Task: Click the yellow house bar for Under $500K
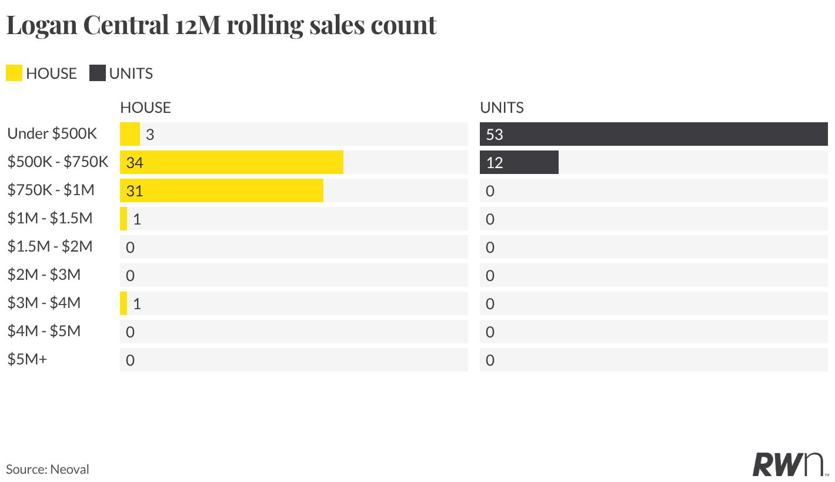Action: tap(130, 133)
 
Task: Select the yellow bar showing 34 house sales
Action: tap(232, 162)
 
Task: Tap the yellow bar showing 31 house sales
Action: tap(222, 190)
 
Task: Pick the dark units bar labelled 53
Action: tap(653, 133)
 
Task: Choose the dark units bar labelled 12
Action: tap(519, 162)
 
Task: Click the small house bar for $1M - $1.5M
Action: tap(123, 219)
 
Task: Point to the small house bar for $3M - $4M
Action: tap(123, 303)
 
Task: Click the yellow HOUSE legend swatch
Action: tap(14, 73)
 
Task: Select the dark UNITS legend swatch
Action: tap(98, 73)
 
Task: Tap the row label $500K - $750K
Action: tap(58, 162)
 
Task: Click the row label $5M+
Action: tap(27, 360)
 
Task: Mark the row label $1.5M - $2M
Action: tap(50, 247)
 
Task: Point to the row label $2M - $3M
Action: tap(44, 275)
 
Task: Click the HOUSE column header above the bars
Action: tap(145, 108)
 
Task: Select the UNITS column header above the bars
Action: tap(502, 108)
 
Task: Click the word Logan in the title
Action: tap(42, 26)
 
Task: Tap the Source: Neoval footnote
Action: tap(48, 469)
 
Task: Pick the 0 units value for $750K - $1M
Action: tap(490, 190)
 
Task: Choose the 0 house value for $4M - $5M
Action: tap(130, 332)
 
